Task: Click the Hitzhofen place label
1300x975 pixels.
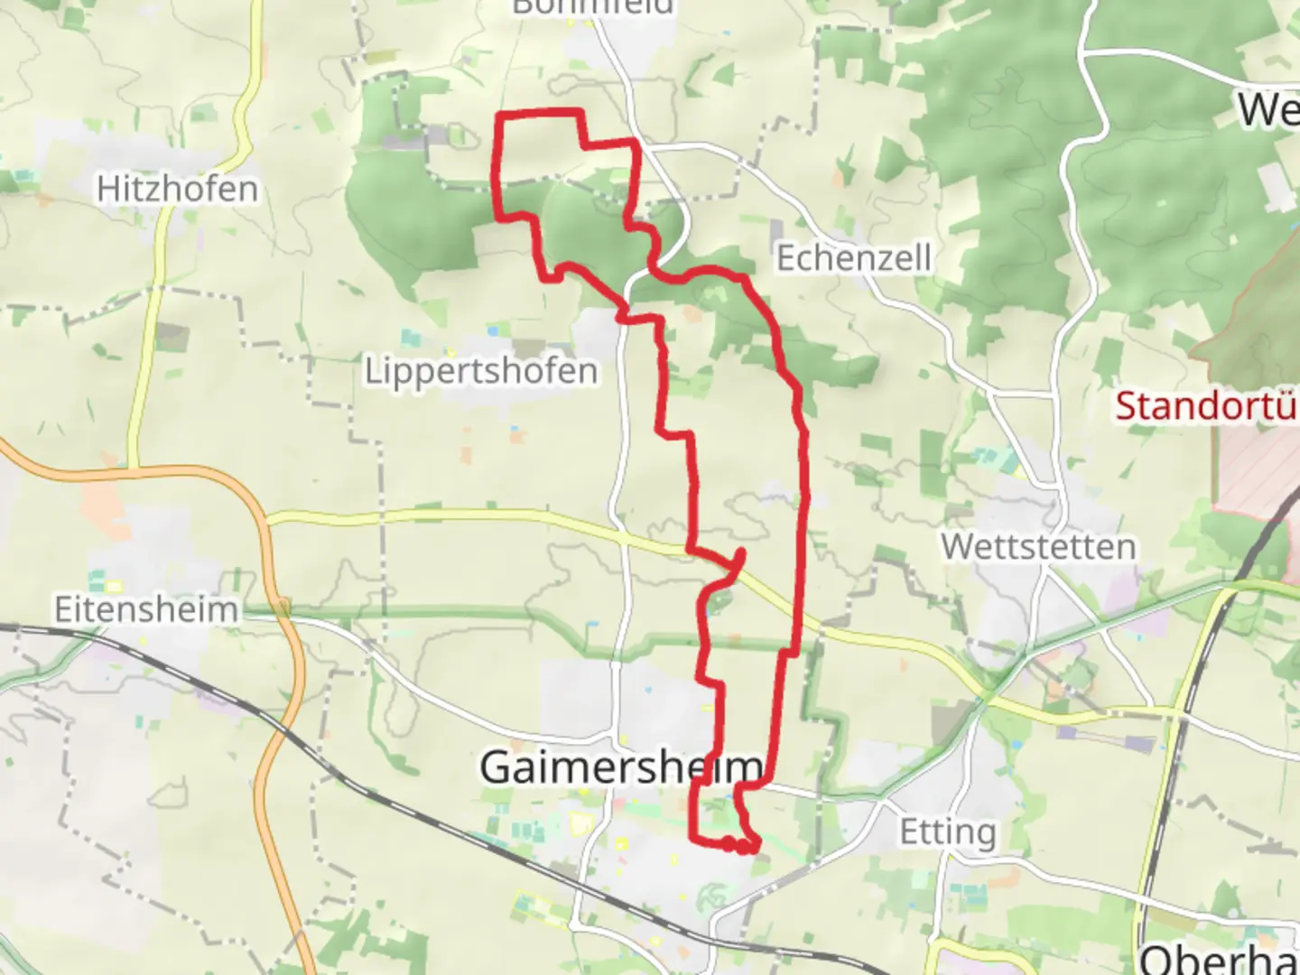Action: [177, 189]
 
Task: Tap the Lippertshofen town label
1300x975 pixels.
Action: [480, 370]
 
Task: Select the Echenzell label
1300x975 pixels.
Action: [853, 258]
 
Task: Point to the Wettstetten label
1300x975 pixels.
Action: [1038, 546]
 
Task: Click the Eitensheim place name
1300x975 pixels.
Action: [145, 608]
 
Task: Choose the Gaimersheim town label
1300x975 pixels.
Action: [621, 766]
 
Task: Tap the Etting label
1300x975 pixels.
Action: [948, 831]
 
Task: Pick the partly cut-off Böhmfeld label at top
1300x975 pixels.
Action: [592, 7]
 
